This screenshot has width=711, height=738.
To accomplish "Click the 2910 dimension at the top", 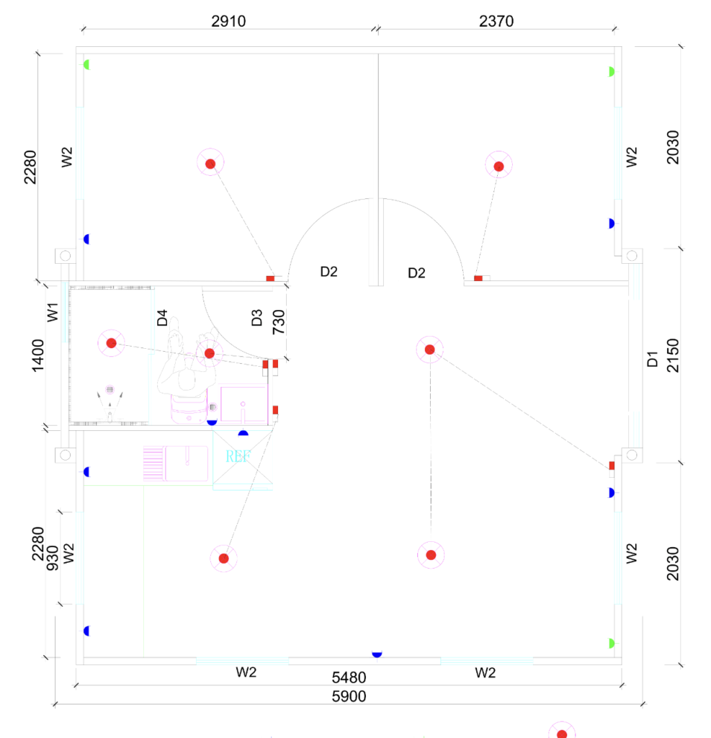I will point(228,22).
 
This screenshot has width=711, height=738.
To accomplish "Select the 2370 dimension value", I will point(496,22).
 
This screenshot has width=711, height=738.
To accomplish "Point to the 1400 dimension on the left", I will point(38,355).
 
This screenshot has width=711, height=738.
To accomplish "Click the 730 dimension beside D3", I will point(279,322).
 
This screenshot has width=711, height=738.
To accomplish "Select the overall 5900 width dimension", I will point(349,696).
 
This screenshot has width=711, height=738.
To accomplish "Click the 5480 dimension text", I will point(349,677).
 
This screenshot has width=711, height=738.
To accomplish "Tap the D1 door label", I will point(653,359).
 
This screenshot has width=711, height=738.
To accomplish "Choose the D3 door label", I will point(257,318).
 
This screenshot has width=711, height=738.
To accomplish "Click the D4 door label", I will point(162,318).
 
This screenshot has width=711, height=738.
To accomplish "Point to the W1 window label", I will point(53,314).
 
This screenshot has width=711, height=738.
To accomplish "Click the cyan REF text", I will point(238,457).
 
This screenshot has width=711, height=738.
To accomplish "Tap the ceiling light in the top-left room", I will point(210,164).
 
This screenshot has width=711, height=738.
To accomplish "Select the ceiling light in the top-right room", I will point(498,166).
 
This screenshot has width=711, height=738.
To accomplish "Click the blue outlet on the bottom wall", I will point(377,653).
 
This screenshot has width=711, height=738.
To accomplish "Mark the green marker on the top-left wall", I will point(86,65).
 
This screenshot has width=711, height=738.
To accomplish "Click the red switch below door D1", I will point(612,466).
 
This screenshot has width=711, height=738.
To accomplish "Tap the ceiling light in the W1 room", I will point(111,343).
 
